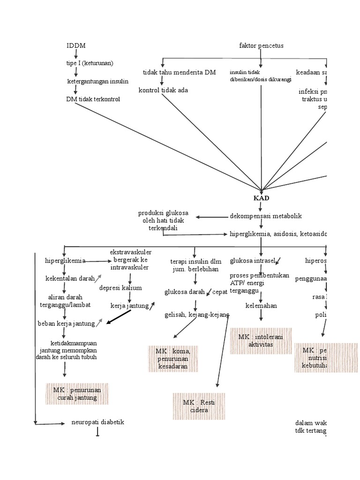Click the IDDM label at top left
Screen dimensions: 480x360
pos(76,45)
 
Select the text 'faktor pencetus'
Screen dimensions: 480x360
pos(261,45)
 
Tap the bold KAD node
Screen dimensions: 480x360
pos(261,198)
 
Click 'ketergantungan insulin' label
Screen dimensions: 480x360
pos(97,81)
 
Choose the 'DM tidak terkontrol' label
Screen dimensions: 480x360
pos(93,99)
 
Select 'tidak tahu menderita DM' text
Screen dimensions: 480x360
pos(179,72)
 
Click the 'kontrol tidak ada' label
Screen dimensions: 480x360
pos(163,90)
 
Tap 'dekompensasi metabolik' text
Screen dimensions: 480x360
pos(266,216)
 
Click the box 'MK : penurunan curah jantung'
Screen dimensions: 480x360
pos(77,394)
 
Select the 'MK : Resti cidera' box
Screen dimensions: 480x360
pos(198,406)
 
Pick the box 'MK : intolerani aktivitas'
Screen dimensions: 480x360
pos(261,341)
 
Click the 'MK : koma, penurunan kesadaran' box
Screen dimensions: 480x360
pos(173,359)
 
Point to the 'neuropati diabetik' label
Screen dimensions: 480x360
pos(97,422)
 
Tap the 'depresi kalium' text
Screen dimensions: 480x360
pos(120,287)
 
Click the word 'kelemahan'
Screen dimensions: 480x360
pos(261,306)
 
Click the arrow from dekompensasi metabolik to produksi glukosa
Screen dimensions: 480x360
pos(211,217)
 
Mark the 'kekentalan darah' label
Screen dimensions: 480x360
pos(70,278)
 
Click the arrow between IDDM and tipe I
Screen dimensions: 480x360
pos(76,54)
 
